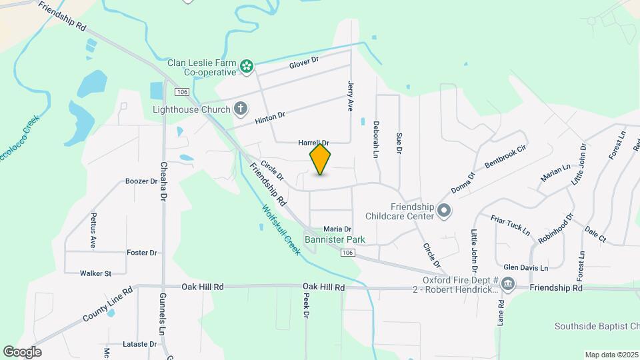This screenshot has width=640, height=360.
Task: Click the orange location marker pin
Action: [x=320, y=159]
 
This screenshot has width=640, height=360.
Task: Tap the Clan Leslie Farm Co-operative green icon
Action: [x=247, y=65]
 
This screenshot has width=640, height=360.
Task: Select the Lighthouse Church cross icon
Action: [x=241, y=109]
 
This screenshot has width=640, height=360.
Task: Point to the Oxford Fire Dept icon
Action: [x=508, y=284]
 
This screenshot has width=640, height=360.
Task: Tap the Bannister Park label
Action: [x=335, y=239]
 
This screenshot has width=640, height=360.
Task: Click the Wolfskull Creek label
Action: [x=281, y=229]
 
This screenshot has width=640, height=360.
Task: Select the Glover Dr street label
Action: [x=304, y=62]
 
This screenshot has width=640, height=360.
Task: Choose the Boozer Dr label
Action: [x=141, y=181]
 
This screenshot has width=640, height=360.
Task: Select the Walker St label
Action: [x=95, y=273]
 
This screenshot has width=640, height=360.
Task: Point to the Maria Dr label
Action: [x=337, y=229]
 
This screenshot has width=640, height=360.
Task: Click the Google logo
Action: [x=22, y=352]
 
